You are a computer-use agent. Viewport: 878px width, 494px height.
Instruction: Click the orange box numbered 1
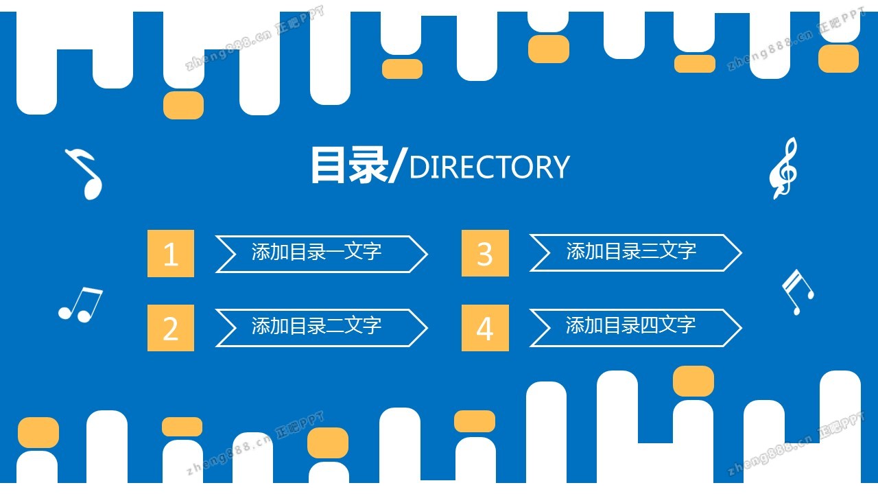(171, 254)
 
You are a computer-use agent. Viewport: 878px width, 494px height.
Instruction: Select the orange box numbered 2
(171, 328)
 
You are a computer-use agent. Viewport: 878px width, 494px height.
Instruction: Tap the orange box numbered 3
(485, 254)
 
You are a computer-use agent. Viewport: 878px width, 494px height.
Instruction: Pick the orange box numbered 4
(485, 328)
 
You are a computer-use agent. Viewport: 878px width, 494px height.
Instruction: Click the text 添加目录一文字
(316, 252)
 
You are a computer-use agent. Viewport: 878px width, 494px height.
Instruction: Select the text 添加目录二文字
(316, 326)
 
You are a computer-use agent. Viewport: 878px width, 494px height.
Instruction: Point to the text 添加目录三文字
(631, 252)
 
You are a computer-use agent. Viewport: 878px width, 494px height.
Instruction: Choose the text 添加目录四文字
(631, 325)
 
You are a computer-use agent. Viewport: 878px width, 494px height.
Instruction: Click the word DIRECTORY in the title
(488, 167)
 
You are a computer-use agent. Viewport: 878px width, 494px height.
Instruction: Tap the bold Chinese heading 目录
(348, 165)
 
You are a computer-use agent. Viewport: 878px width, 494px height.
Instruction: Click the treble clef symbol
(783, 168)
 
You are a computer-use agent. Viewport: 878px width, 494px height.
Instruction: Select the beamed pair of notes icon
(80, 304)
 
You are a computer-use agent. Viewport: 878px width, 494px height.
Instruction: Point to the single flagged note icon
(85, 174)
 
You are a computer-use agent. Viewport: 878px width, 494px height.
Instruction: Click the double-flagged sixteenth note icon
(797, 292)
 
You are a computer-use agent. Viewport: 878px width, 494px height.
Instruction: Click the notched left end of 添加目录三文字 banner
(541, 253)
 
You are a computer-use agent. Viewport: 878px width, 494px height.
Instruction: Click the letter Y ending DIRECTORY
(560, 167)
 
